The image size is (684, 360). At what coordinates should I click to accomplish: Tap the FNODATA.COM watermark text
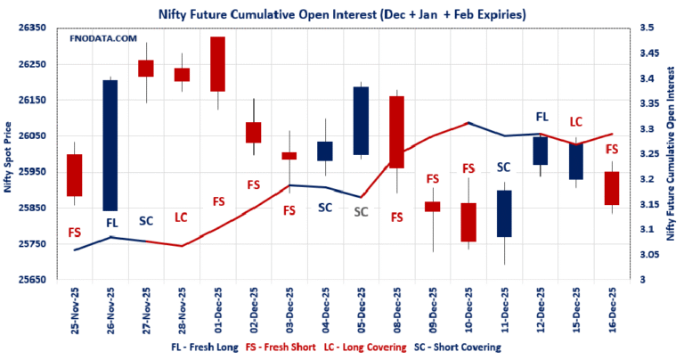point(103,39)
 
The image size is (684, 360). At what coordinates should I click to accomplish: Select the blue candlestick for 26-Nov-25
point(110,145)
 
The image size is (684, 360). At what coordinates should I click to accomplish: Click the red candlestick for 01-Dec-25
point(217,64)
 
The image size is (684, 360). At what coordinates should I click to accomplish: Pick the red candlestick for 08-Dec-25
point(396,132)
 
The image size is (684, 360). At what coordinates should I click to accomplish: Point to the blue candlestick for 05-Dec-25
point(361,120)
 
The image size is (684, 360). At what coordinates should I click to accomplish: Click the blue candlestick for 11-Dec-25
point(504,213)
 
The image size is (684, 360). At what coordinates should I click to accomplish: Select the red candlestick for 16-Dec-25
point(611,188)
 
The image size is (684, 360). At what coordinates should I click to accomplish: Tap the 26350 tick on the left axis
point(33,29)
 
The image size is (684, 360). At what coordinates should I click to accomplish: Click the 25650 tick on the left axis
point(33,280)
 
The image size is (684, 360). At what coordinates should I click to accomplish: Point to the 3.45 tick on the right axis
point(644,53)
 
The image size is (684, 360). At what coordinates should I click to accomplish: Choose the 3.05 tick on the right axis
point(644,255)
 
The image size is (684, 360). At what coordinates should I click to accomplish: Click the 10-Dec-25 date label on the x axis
point(468,309)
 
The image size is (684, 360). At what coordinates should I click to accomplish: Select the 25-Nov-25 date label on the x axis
point(76,309)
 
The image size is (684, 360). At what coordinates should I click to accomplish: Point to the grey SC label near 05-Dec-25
point(361,212)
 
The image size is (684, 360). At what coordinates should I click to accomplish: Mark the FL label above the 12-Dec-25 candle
point(541,117)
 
